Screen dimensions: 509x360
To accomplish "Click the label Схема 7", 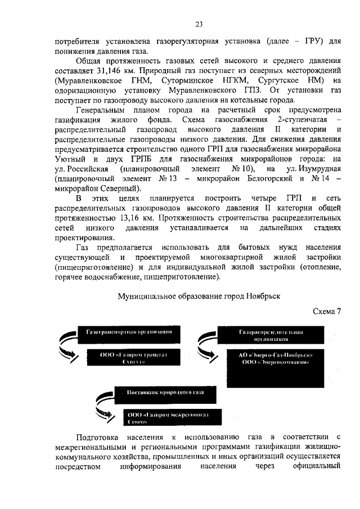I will coord(327,312).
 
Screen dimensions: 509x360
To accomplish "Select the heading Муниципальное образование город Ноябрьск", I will coord(199,295).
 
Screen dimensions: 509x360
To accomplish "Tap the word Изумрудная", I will coord(313,169).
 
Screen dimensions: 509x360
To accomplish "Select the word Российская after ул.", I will coord(81,169).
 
